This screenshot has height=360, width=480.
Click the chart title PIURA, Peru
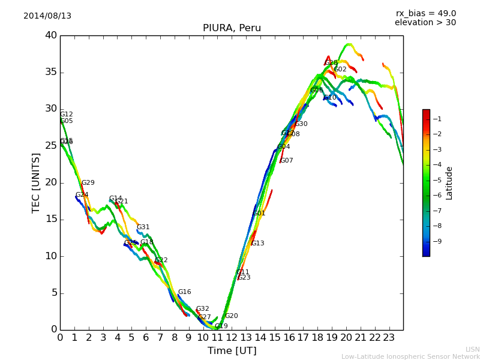click(232, 28)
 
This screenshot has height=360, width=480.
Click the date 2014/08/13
click(47, 16)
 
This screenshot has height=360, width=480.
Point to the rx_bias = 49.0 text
click(425, 14)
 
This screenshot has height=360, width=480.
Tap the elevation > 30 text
click(425, 23)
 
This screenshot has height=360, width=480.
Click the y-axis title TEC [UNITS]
click(36, 182)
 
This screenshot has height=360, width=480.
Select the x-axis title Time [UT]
click(232, 351)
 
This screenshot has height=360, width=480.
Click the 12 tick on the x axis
click(232, 337)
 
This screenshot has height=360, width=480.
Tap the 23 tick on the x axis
click(389, 337)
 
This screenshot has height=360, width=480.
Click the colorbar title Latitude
click(449, 183)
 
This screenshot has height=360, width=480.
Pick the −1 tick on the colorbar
click(437, 118)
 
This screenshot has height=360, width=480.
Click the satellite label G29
click(88, 183)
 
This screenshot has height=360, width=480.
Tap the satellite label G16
click(184, 292)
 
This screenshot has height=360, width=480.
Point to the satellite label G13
click(257, 244)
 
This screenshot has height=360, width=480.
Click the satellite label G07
click(287, 161)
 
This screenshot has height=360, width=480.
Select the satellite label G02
click(340, 70)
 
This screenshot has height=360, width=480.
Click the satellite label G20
click(232, 316)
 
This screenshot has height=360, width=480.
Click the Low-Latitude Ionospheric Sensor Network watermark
click(410, 357)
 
